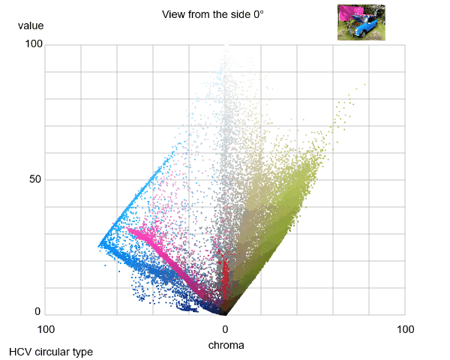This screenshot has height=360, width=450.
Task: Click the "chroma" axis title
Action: (225, 345)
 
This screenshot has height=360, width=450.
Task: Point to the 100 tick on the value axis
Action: (33, 45)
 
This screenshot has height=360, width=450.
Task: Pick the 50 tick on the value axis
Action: (35, 180)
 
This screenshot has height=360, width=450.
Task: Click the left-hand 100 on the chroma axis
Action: (45, 330)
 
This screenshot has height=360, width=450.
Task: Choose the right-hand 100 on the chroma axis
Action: (405, 330)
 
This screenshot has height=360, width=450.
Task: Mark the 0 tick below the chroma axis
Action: (225, 330)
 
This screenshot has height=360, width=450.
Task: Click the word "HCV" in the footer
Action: (21, 351)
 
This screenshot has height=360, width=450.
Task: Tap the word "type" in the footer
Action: (82, 351)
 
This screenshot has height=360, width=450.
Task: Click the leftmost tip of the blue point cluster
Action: (99, 245)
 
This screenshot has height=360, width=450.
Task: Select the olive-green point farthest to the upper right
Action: (364, 85)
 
